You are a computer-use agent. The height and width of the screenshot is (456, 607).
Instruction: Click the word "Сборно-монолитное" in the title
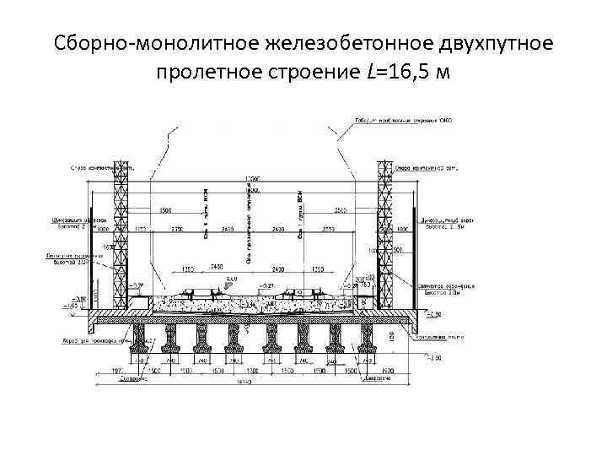[135, 42]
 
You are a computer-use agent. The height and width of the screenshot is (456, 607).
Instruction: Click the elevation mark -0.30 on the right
[432, 315]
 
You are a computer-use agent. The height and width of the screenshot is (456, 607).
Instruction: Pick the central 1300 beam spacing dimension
[253, 369]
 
